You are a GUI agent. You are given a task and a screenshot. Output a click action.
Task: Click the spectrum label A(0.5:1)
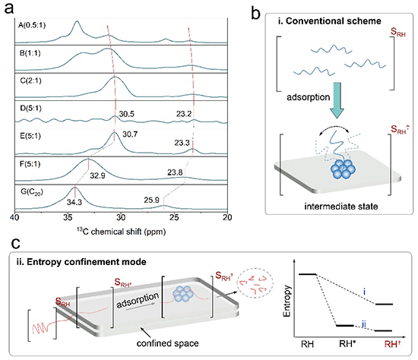click(32, 25)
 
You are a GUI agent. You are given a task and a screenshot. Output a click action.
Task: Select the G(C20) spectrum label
click(32, 192)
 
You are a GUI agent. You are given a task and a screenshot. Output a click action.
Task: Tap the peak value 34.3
click(74, 202)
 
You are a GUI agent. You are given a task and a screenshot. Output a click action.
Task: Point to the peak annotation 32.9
click(97, 175)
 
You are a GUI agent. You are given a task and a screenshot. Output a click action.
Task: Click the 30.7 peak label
click(130, 134)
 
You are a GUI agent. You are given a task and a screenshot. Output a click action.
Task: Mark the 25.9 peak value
click(152, 200)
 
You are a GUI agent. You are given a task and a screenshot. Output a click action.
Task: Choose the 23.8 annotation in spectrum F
click(175, 172)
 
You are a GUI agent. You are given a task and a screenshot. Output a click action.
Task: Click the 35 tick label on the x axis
click(68, 217)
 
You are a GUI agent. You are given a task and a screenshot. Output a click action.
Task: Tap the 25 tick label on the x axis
click(174, 217)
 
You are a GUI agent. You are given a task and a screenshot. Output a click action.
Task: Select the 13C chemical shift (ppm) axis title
click(122, 232)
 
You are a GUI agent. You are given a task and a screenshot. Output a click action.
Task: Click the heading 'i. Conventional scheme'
click(330, 21)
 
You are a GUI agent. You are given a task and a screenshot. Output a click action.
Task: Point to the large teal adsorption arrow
click(337, 100)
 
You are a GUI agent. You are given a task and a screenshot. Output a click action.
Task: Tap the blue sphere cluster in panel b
click(343, 169)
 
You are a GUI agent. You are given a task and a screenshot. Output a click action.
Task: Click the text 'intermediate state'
click(341, 207)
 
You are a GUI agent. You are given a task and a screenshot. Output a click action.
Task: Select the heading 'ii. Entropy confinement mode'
click(81, 262)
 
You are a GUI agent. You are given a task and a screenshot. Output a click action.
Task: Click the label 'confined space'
click(168, 343)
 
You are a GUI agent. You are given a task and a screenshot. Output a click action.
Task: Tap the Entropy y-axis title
click(287, 301)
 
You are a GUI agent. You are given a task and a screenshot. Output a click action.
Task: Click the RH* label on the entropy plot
click(347, 344)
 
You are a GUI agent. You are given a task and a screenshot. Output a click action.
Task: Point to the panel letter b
click(255, 14)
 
